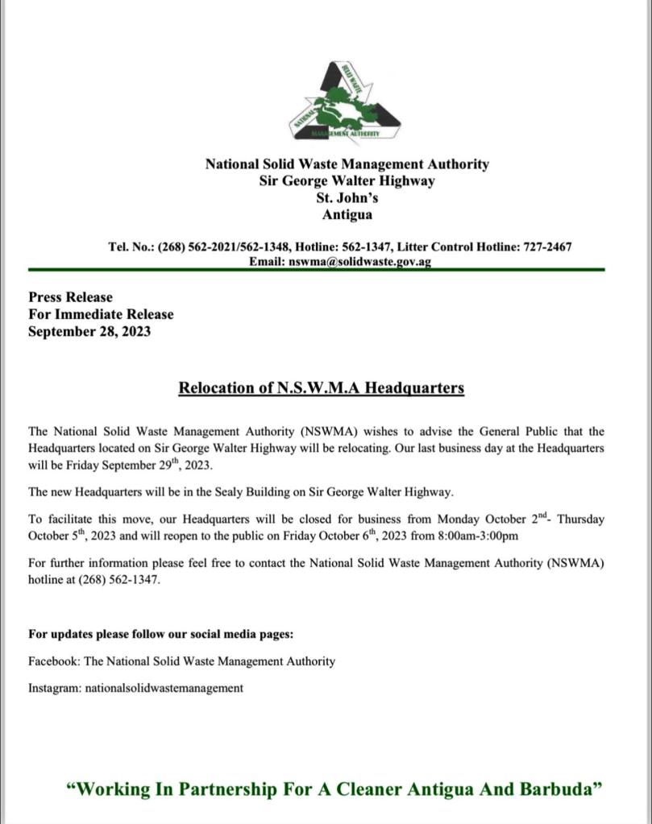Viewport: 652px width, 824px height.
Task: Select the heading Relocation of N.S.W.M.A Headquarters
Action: tap(321, 388)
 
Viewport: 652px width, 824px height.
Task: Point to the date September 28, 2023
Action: tap(89, 331)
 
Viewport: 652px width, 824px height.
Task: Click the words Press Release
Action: tap(71, 297)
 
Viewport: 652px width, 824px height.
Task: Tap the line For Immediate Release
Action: tap(101, 314)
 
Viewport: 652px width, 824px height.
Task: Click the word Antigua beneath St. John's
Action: tap(347, 215)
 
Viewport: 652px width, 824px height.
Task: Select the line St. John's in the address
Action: tap(347, 198)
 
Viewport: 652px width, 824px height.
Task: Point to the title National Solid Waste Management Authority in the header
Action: tap(347, 164)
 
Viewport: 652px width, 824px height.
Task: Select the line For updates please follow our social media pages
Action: tap(160, 634)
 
